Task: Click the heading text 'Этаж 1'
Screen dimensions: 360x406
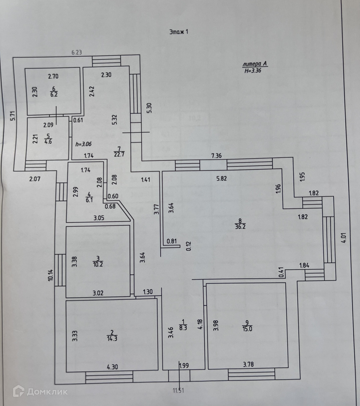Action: point(179,32)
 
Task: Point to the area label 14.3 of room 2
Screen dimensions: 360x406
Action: point(112,338)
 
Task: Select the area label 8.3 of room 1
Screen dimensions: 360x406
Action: point(183,327)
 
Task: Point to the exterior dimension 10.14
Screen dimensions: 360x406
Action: point(50,275)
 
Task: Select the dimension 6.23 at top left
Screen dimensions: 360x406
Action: point(77,52)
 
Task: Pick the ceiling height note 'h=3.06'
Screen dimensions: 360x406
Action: point(84,144)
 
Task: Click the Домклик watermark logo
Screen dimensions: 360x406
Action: point(40,391)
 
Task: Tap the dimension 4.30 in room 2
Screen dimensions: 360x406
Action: point(112,367)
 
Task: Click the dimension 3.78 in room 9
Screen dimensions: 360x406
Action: point(248,364)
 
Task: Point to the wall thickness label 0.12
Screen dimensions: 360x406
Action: point(189,246)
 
